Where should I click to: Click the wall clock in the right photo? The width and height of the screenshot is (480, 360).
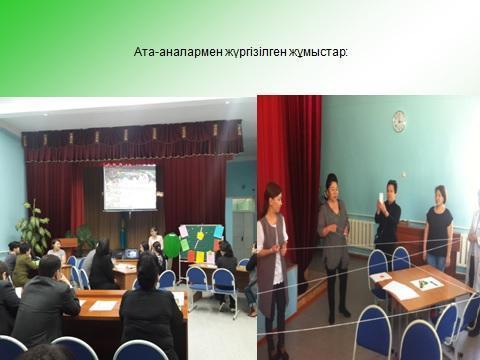pos(399,121)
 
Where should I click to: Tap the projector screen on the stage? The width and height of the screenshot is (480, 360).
pos(130,188)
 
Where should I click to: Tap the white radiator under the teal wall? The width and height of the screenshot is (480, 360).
pos(359,233)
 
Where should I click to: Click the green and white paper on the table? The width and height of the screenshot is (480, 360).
pos(426,283)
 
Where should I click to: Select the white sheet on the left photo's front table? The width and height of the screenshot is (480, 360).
pos(103,305)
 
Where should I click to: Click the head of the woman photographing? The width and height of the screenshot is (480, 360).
pos(391,187)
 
